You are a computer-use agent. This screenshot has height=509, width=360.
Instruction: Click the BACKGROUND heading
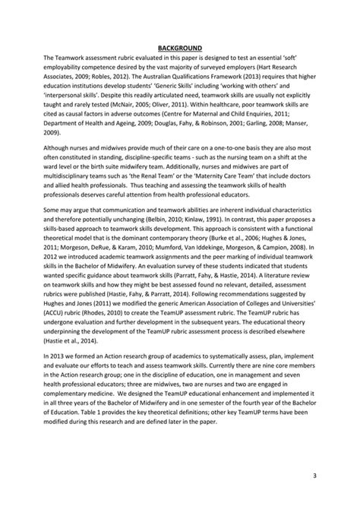pos(179,48)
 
